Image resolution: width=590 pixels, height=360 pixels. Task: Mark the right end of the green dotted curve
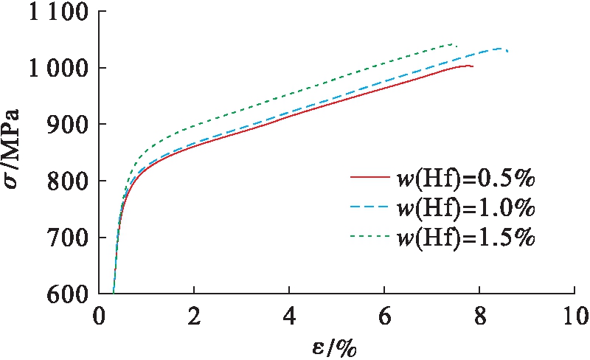click(457, 46)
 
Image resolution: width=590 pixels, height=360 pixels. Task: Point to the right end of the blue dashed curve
click(507, 51)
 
